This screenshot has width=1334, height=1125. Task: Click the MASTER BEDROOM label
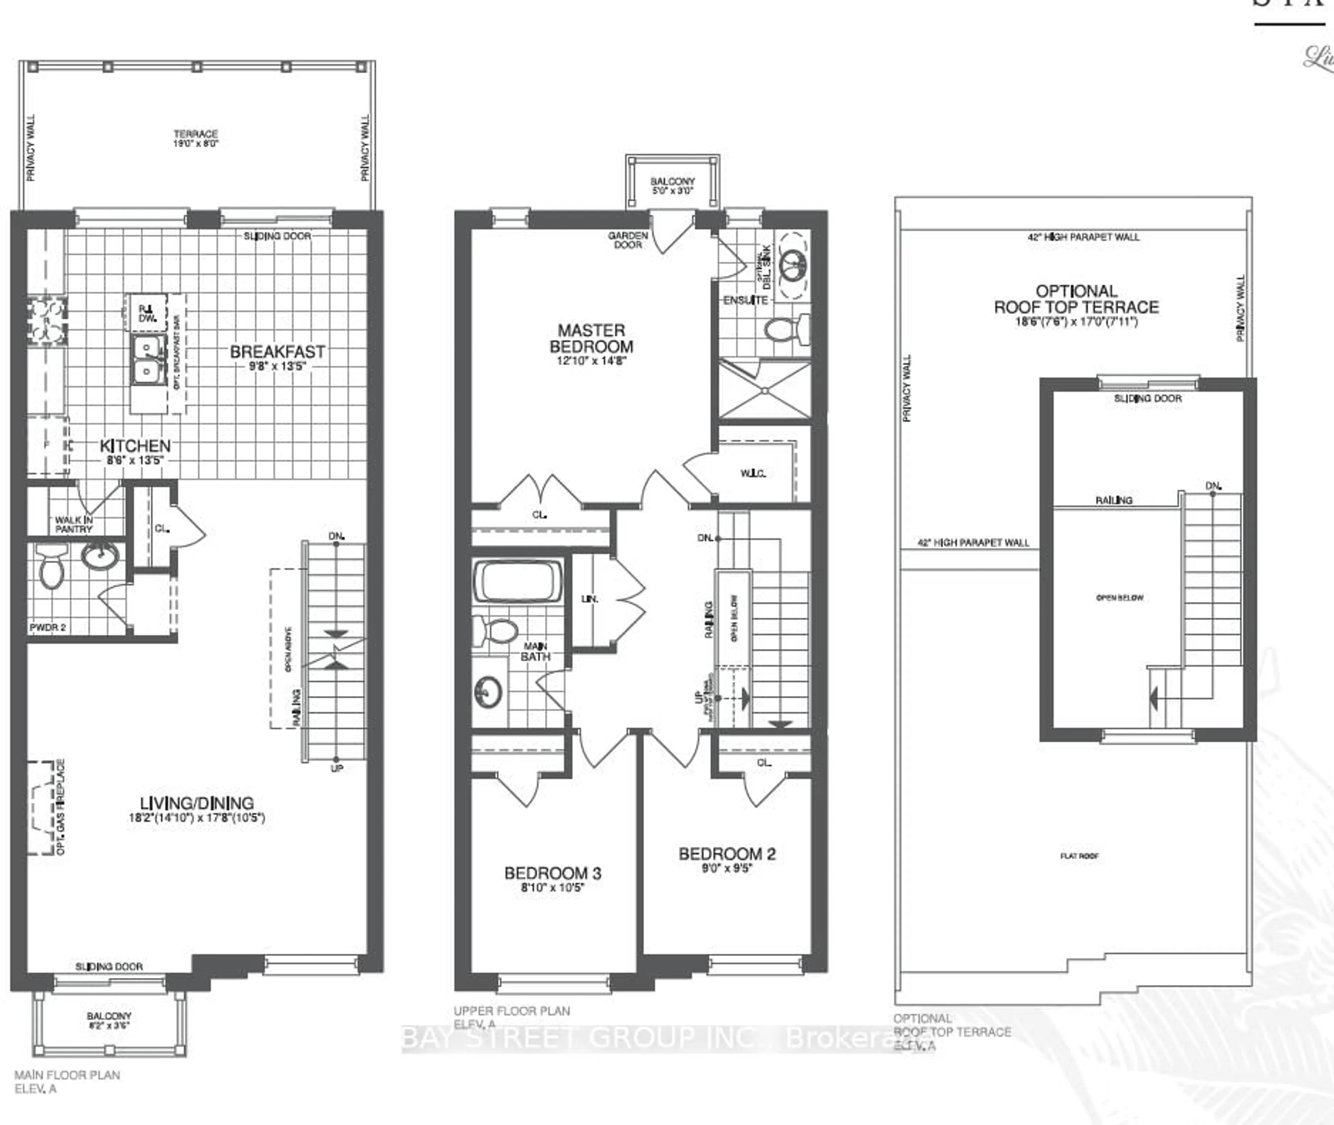(x=591, y=339)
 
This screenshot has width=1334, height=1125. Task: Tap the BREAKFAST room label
(x=277, y=352)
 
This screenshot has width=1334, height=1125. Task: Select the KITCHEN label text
(x=135, y=446)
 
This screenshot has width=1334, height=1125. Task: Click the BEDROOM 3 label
(x=552, y=873)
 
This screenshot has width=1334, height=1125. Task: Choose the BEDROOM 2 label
(x=727, y=854)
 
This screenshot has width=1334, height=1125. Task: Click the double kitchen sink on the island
(x=147, y=359)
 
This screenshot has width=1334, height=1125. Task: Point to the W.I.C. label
(x=752, y=473)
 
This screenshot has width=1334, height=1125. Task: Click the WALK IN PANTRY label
(x=73, y=524)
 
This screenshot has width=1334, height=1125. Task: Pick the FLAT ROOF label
(x=1079, y=856)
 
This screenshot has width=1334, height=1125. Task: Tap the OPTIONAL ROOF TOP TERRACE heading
(x=1076, y=299)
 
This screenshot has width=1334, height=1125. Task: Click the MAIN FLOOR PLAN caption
(x=67, y=1075)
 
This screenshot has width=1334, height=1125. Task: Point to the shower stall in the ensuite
(x=765, y=390)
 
